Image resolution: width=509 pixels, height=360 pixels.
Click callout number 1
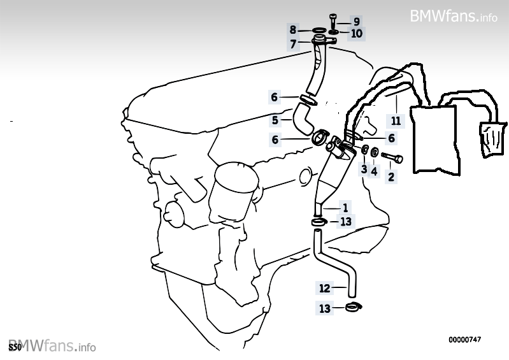click(345, 208)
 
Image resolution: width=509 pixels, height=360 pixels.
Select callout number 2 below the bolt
click(391, 177)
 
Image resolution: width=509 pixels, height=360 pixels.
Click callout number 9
click(357, 22)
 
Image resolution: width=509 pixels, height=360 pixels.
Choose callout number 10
click(356, 33)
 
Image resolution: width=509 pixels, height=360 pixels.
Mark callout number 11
click(396, 121)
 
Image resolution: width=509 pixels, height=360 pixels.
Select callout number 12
click(325, 288)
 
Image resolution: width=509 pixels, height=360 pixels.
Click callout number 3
click(364, 169)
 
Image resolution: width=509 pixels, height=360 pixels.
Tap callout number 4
click(375, 171)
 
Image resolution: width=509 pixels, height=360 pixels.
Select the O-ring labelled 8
click(319, 31)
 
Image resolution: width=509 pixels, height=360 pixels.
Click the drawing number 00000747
click(464, 340)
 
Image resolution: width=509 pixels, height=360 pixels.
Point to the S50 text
click(15, 348)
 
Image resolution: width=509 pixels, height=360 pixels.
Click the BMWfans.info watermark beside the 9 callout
click(454, 15)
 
